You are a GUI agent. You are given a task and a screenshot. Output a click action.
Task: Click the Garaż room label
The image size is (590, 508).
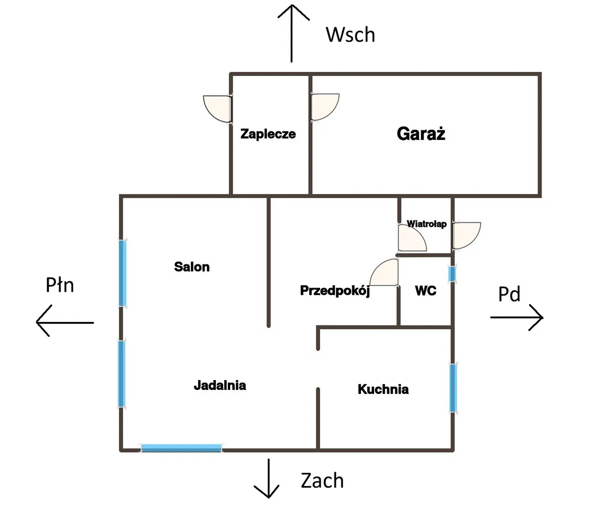pos(421,134)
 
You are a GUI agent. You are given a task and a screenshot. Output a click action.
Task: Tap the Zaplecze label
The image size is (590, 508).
pos(268,134)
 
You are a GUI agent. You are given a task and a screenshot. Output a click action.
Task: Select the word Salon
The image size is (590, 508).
pos(192,267)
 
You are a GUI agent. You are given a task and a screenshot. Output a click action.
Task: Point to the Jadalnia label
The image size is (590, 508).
pos(220,385)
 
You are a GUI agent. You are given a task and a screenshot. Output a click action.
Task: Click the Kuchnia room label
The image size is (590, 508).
pos(383,389)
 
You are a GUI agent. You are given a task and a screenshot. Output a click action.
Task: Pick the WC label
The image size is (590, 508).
pos(426,291)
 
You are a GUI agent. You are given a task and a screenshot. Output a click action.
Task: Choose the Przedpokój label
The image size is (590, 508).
pos(335,291)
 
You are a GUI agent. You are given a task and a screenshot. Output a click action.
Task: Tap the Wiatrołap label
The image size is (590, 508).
pos(427,224)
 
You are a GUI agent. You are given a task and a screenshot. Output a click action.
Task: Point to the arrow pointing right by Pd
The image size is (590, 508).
pos(517,317)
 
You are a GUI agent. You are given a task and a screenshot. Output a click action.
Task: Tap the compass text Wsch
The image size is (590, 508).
pos(350,35)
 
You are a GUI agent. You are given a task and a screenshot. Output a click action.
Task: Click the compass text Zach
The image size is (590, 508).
pos(322,481)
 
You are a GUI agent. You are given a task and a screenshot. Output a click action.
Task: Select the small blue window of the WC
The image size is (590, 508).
pos(452,274)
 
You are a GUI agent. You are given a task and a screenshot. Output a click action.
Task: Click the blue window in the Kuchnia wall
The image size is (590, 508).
pos(453,388)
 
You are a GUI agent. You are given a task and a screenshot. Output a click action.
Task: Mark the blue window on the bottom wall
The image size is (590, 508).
pos(181,448)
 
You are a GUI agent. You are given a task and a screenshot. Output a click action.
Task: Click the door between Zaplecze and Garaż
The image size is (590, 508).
pos(325,107)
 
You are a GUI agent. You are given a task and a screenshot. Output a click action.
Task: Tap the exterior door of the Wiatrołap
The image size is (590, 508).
pos(466,236)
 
